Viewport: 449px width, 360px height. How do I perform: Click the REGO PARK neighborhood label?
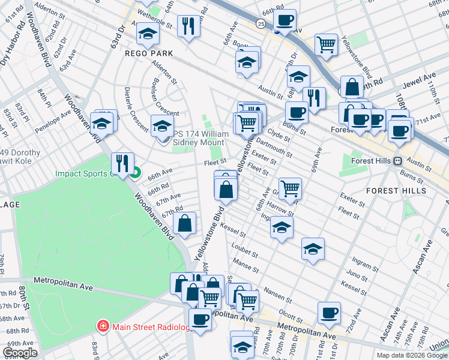point(149,53)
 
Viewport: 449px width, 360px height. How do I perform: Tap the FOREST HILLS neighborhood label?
point(396,191)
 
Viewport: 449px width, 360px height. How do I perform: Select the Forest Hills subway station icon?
point(397,161)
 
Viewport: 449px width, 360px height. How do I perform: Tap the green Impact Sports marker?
point(136,174)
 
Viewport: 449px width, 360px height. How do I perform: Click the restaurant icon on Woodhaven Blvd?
point(122,163)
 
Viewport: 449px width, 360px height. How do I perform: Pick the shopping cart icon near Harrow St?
point(290,188)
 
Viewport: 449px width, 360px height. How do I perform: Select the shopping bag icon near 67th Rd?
point(185,223)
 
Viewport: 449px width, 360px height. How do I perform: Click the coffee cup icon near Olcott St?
point(329,312)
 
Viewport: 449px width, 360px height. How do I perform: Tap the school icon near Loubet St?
point(313,248)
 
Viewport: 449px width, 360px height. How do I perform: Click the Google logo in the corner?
point(20,353)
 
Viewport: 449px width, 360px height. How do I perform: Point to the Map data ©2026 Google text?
point(412,355)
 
